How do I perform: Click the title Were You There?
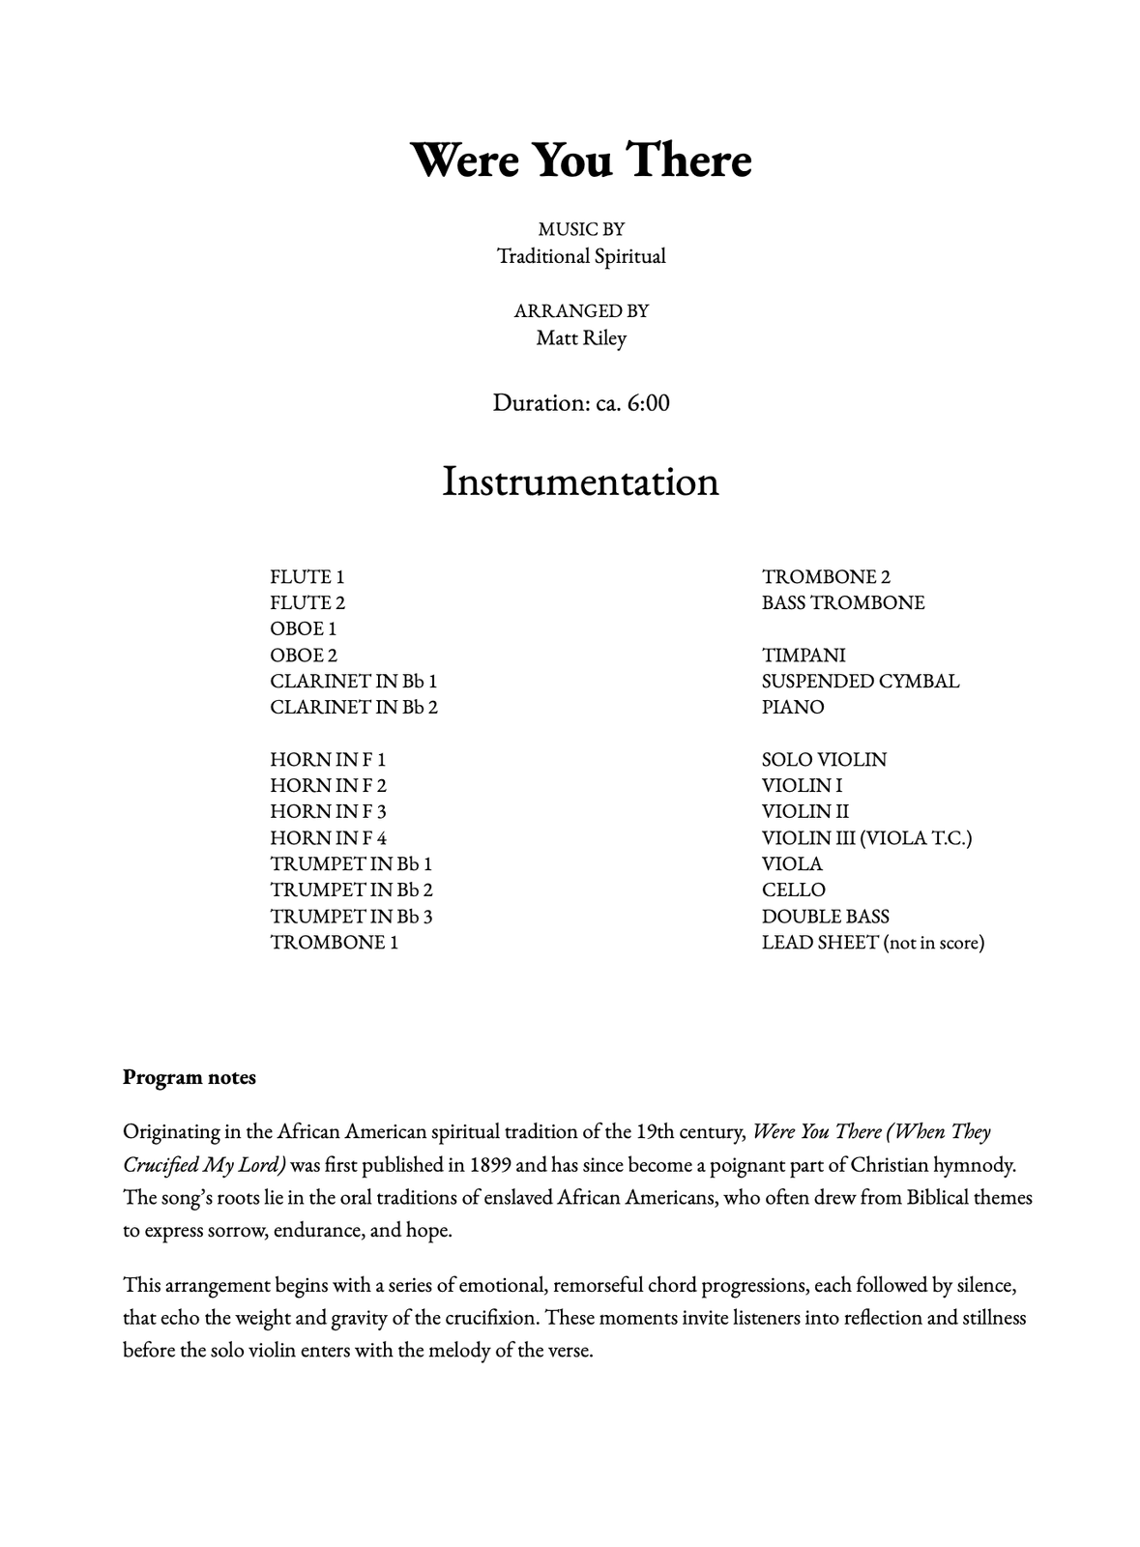pos(580,161)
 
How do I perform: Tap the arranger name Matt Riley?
pos(581,338)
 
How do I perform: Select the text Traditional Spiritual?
pos(581,256)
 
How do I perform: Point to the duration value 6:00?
pos(648,403)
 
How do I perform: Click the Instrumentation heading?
pos(580,482)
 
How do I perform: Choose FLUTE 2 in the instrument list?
pos(307,603)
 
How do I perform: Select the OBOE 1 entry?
pos(304,629)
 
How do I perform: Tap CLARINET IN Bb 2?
pos(354,708)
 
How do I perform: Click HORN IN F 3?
pos(328,812)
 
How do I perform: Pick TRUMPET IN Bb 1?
pos(351,864)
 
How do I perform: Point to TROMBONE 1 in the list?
pos(334,943)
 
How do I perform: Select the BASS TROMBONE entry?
pos(843,603)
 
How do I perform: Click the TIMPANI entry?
pos(804,656)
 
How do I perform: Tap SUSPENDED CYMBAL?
pos(861,682)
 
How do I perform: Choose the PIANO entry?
pos(793,708)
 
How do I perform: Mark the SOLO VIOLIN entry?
pos(824,760)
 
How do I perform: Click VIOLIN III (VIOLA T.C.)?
pos(866,838)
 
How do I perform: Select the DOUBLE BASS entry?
pos(825,917)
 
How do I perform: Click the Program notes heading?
pos(190,1077)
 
